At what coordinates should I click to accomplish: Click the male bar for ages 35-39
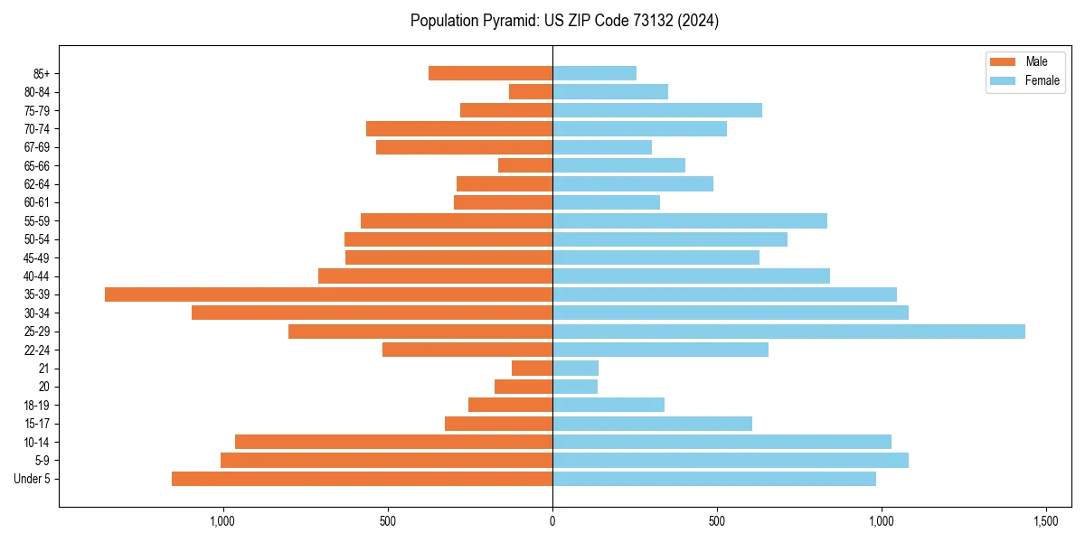click(328, 294)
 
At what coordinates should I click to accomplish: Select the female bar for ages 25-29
click(788, 332)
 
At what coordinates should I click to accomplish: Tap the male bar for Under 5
click(362, 479)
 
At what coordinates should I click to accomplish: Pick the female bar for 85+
click(594, 73)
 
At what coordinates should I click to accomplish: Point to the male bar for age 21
click(532, 369)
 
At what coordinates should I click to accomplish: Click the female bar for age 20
click(575, 387)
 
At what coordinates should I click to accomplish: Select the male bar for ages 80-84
click(531, 91)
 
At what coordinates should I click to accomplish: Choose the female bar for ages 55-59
click(690, 220)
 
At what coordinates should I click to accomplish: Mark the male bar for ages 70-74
click(459, 128)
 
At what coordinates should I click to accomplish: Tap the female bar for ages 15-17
click(652, 424)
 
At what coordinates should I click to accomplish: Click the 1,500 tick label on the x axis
click(1046, 522)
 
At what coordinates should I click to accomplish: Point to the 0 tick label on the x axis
click(552, 522)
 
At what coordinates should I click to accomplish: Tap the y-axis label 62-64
click(37, 184)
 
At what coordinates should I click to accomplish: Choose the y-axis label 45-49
click(37, 257)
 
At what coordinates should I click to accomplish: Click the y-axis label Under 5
click(33, 479)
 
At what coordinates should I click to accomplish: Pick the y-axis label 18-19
click(37, 406)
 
